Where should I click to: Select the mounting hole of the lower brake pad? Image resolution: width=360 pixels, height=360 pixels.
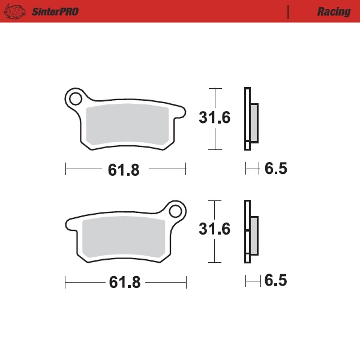pos(175,212)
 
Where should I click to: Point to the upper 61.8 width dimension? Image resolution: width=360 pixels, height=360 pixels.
pos(124,170)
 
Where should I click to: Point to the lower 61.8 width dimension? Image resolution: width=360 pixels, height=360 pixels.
pos(124,283)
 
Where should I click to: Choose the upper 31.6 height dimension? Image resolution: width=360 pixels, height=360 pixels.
pos(215,118)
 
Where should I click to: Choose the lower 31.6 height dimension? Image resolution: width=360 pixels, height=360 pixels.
pos(215,230)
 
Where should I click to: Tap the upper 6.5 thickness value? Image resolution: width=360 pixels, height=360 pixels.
pos(276,169)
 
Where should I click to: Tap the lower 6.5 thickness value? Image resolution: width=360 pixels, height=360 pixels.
pos(276,280)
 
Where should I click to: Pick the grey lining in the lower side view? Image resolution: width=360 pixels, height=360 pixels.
pos(253,235)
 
